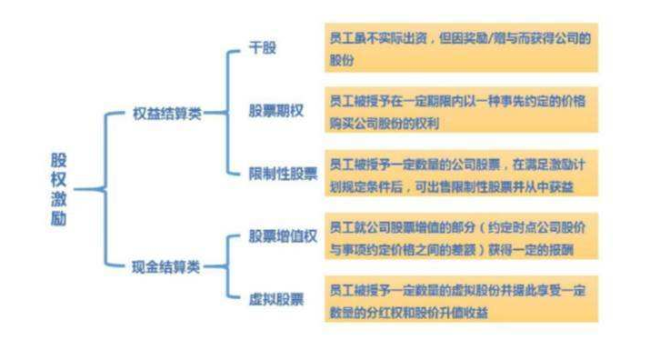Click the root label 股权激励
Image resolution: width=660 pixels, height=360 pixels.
pyautogui.click(x=59, y=190)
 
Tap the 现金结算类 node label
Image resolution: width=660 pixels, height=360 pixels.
pyautogui.click(x=165, y=266)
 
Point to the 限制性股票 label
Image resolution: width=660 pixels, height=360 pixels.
pyautogui.click(x=283, y=173)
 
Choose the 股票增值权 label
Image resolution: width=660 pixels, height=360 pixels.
pyautogui.click(x=283, y=236)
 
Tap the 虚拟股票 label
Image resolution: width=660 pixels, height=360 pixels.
pyautogui.click(x=276, y=297)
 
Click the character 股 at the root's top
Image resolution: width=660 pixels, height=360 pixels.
pyautogui.click(x=59, y=160)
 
